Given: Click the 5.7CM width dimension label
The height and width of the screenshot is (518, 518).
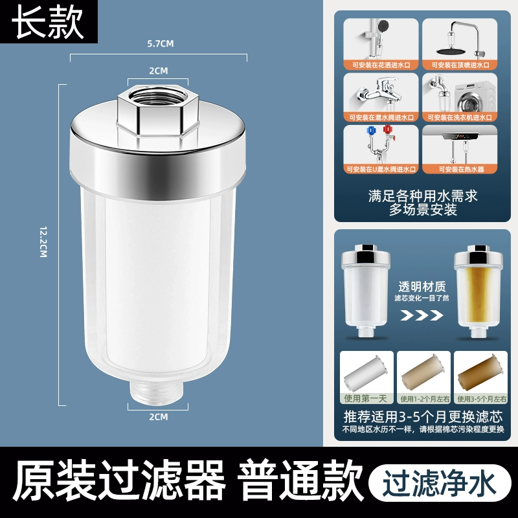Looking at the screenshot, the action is click(160, 43).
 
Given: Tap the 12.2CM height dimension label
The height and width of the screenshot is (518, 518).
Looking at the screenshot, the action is click(43, 242).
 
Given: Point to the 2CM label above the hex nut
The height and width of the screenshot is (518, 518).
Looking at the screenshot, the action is click(159, 71).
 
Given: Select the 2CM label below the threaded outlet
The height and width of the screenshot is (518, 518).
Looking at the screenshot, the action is click(159, 417).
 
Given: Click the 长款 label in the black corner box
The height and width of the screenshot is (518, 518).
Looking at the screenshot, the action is click(47, 22).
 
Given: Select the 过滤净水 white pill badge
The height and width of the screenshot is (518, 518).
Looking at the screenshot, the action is click(440, 483).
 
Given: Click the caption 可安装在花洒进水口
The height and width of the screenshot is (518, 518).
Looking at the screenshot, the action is click(381, 65).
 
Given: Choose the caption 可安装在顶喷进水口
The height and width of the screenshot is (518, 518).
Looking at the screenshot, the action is click(460, 65).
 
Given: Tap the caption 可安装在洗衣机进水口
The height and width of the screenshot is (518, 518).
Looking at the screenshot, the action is click(460, 117).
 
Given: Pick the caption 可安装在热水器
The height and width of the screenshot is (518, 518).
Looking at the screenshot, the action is click(461, 170).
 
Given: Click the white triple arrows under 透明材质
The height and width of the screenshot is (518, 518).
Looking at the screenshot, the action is click(422, 315).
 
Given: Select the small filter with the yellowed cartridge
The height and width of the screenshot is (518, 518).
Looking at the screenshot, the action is click(478, 291).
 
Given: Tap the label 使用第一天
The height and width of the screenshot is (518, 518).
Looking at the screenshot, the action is click(365, 398).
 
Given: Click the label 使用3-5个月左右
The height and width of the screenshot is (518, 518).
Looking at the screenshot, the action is click(481, 399).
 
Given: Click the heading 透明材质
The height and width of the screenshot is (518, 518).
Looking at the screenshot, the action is click(422, 286).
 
